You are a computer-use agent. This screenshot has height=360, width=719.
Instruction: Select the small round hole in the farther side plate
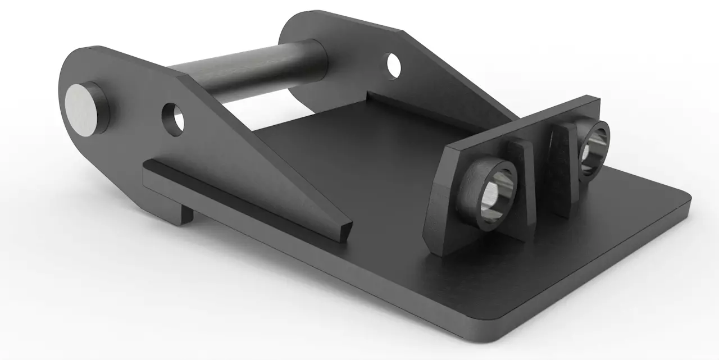tap(393, 65)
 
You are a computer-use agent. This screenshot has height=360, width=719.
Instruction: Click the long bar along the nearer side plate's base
tap(236, 197)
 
